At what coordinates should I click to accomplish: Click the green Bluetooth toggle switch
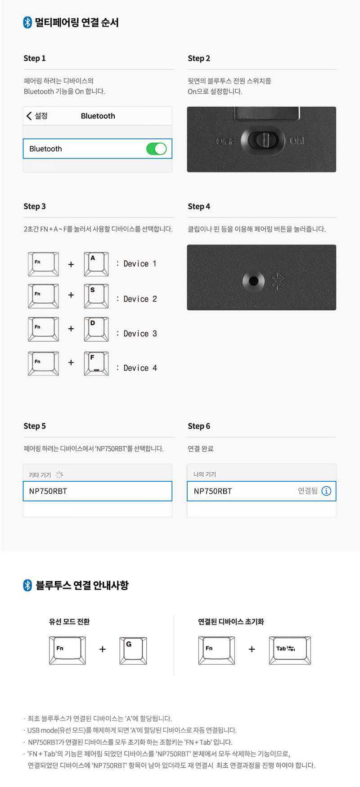(x=157, y=149)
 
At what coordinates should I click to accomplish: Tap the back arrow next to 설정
(x=29, y=116)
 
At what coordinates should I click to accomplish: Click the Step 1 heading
(x=35, y=58)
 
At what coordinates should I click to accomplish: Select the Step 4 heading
(x=199, y=206)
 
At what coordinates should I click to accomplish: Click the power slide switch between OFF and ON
(x=263, y=140)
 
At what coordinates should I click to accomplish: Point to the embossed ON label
(x=297, y=140)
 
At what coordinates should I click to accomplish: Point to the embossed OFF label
(x=226, y=141)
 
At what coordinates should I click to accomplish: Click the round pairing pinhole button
(x=253, y=281)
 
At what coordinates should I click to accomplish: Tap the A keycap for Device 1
(x=96, y=264)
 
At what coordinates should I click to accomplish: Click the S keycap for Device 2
(x=96, y=296)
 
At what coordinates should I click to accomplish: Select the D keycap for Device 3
(x=96, y=329)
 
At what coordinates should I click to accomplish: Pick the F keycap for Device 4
(x=96, y=363)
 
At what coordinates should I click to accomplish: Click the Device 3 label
(x=140, y=334)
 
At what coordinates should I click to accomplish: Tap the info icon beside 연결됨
(x=326, y=491)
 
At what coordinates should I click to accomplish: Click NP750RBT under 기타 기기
(x=48, y=491)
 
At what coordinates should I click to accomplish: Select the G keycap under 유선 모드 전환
(x=133, y=651)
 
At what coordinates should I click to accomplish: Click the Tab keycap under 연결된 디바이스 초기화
(x=290, y=651)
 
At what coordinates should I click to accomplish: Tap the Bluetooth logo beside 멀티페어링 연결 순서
(x=27, y=23)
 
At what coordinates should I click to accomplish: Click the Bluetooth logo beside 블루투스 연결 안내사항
(x=27, y=585)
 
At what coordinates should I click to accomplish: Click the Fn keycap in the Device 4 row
(x=43, y=363)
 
